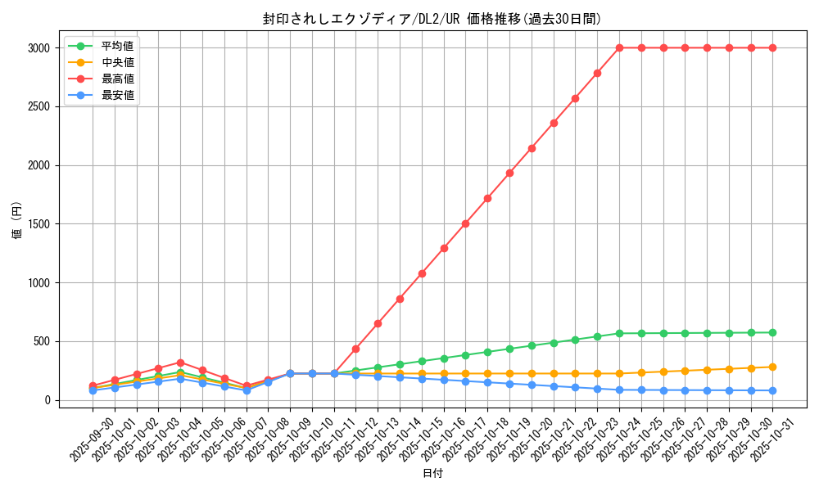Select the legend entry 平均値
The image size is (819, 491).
pos(117,46)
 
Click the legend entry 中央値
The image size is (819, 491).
pos(117,62)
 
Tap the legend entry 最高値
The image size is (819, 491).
pos(117,79)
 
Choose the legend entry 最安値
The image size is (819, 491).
pos(117,95)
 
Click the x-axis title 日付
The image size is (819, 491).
pos(432,474)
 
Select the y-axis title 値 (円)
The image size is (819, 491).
pos(17,221)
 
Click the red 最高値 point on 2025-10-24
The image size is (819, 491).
pos(619,48)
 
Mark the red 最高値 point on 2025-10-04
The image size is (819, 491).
pos(180,363)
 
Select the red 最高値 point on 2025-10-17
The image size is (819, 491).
pos(465,223)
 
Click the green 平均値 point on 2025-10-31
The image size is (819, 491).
pos(772,333)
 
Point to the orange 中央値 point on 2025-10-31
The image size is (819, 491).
pos(772,367)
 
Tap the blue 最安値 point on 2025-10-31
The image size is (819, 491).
pos(772,390)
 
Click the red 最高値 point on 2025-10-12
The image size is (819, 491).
pos(355,349)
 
